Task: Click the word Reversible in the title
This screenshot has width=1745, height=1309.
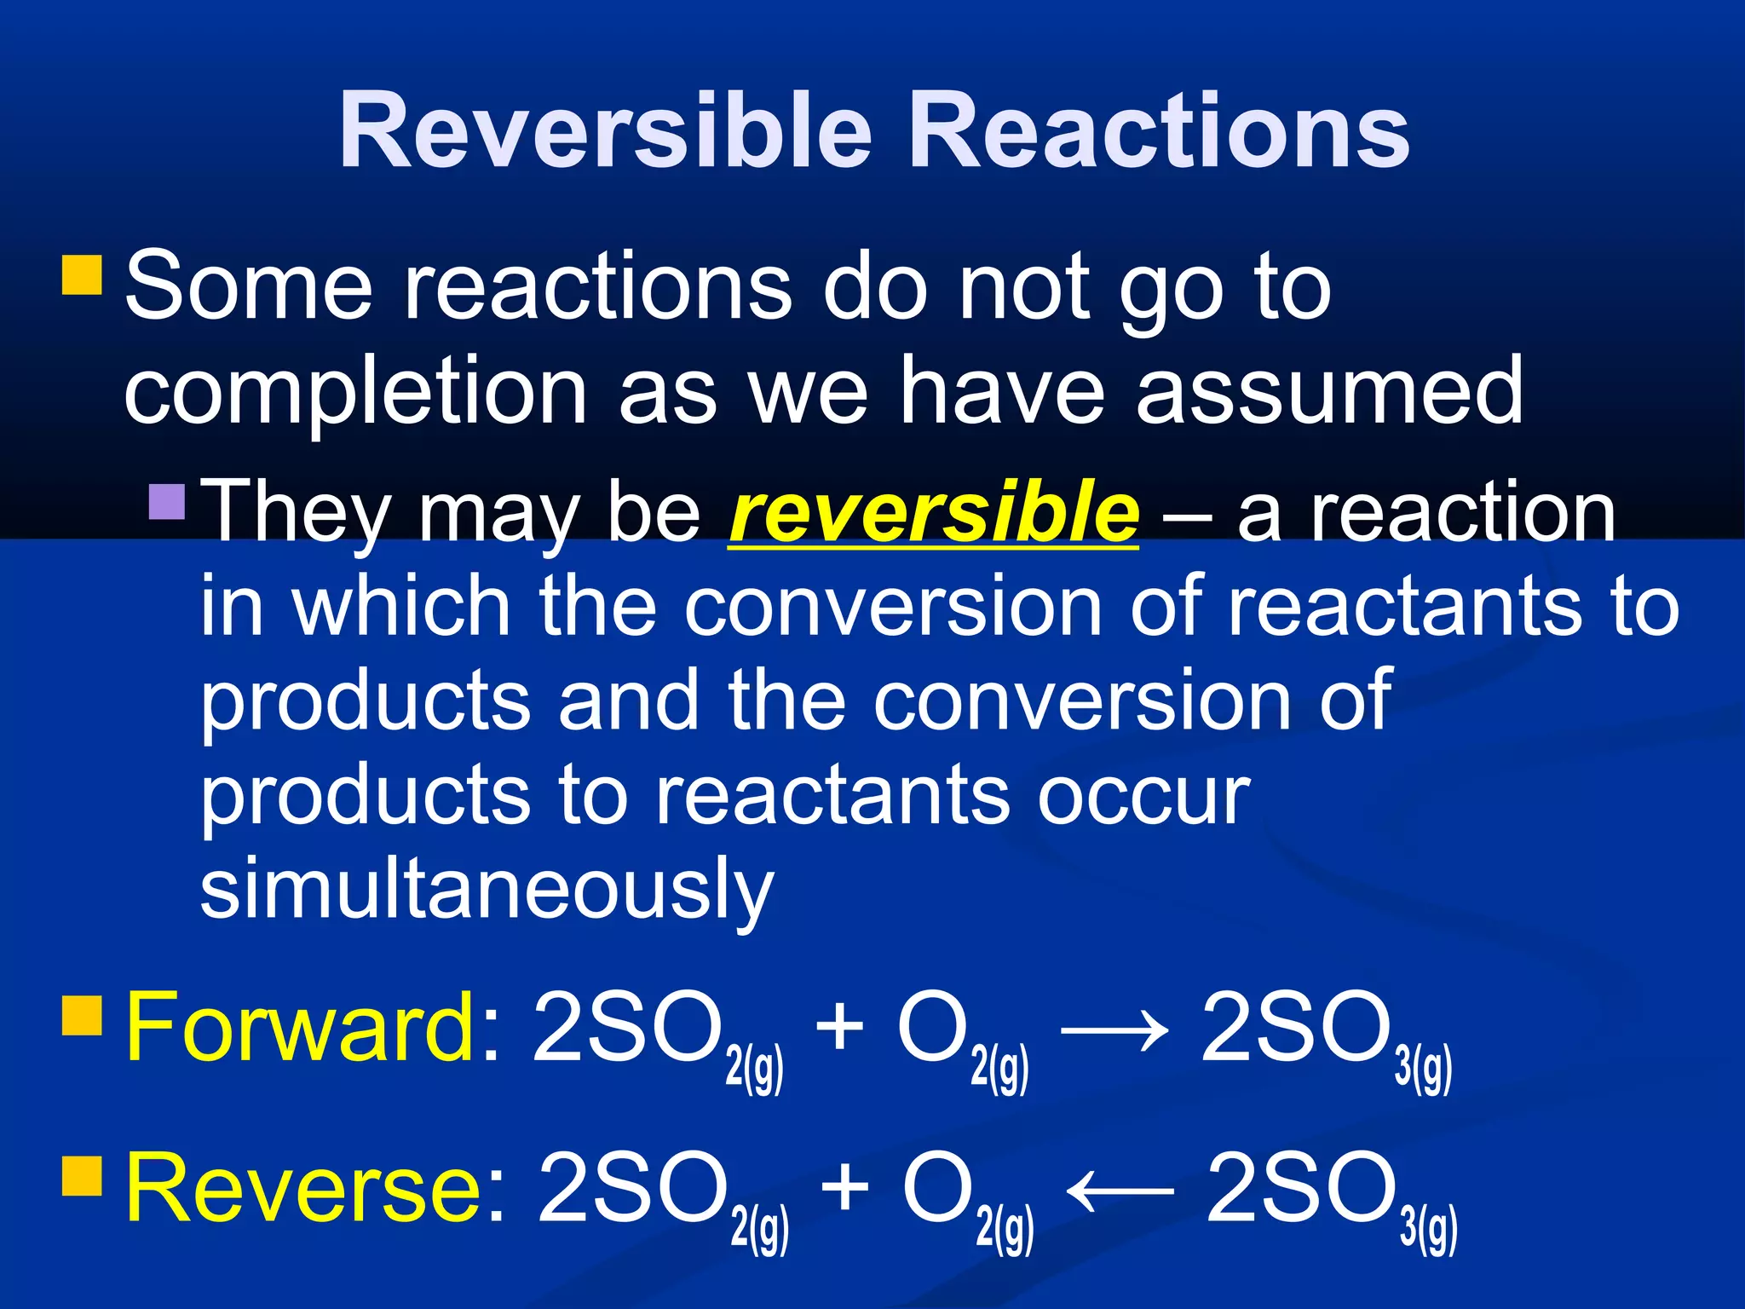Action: [x=606, y=131]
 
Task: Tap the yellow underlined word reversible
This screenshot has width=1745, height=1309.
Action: [x=934, y=512]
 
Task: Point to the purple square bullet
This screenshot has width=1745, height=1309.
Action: [x=167, y=502]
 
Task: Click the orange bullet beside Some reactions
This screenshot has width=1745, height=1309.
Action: [x=83, y=274]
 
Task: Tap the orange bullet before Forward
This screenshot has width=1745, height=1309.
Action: [x=83, y=1014]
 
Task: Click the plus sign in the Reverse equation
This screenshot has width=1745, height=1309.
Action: [x=845, y=1187]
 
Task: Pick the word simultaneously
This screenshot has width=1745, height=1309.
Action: [x=487, y=889]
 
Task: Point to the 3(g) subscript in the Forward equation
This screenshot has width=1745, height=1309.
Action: [x=1423, y=1069]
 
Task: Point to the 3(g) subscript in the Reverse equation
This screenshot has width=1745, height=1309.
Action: [x=1429, y=1230]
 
